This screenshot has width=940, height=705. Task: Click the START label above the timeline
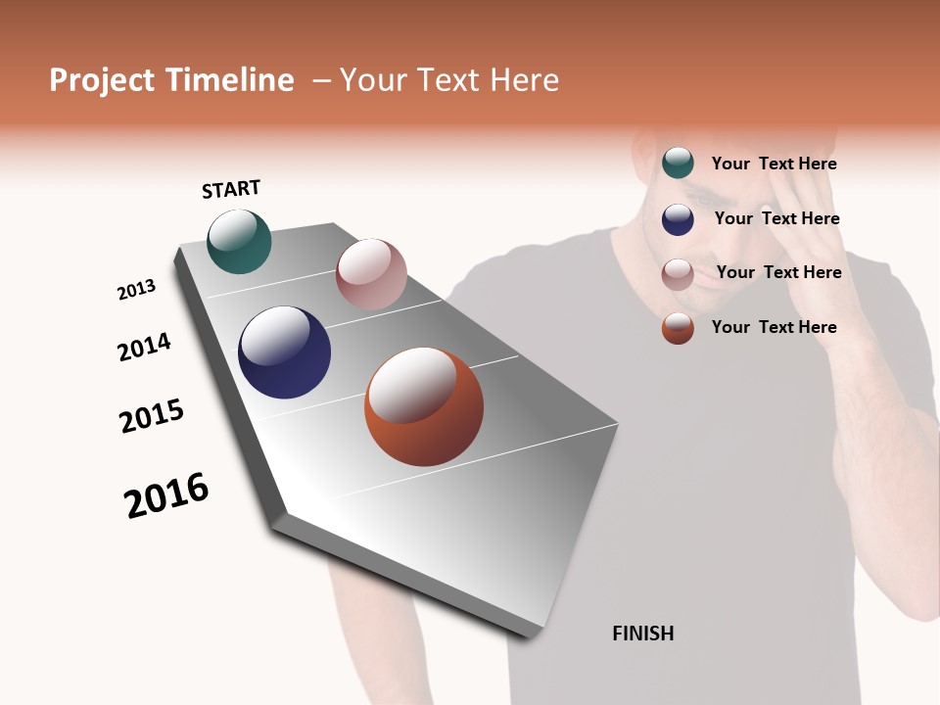click(x=231, y=189)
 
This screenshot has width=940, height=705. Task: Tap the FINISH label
click(x=642, y=634)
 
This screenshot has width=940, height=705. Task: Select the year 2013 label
click(x=136, y=290)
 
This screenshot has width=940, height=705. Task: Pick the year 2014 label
click(x=144, y=347)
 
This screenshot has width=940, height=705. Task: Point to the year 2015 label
click(x=152, y=416)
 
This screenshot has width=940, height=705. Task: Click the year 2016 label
click(x=166, y=494)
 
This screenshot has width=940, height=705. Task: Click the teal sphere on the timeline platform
click(x=239, y=241)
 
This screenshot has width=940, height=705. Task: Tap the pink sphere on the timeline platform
click(x=371, y=274)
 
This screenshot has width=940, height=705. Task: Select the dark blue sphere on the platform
click(x=284, y=352)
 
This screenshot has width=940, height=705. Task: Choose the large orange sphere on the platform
click(x=424, y=406)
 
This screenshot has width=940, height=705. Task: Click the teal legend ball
click(x=678, y=164)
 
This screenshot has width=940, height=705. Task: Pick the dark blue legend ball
click(x=678, y=219)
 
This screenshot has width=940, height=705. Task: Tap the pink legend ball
click(x=678, y=274)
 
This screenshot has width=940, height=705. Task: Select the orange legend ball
click(x=678, y=328)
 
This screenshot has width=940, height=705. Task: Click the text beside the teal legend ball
click(x=774, y=164)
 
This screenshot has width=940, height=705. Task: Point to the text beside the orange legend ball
click(x=774, y=327)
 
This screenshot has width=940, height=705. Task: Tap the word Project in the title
click(x=102, y=80)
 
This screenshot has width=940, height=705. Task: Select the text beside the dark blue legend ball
click(x=776, y=218)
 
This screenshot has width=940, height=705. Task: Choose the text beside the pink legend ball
click(x=778, y=272)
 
